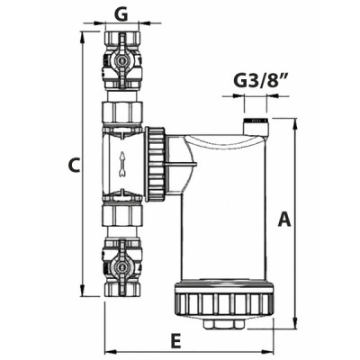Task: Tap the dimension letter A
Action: pyautogui.click(x=284, y=220)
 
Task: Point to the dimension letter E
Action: pyautogui.click(x=175, y=339)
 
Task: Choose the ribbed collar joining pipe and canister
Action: pyautogui.click(x=157, y=164)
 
